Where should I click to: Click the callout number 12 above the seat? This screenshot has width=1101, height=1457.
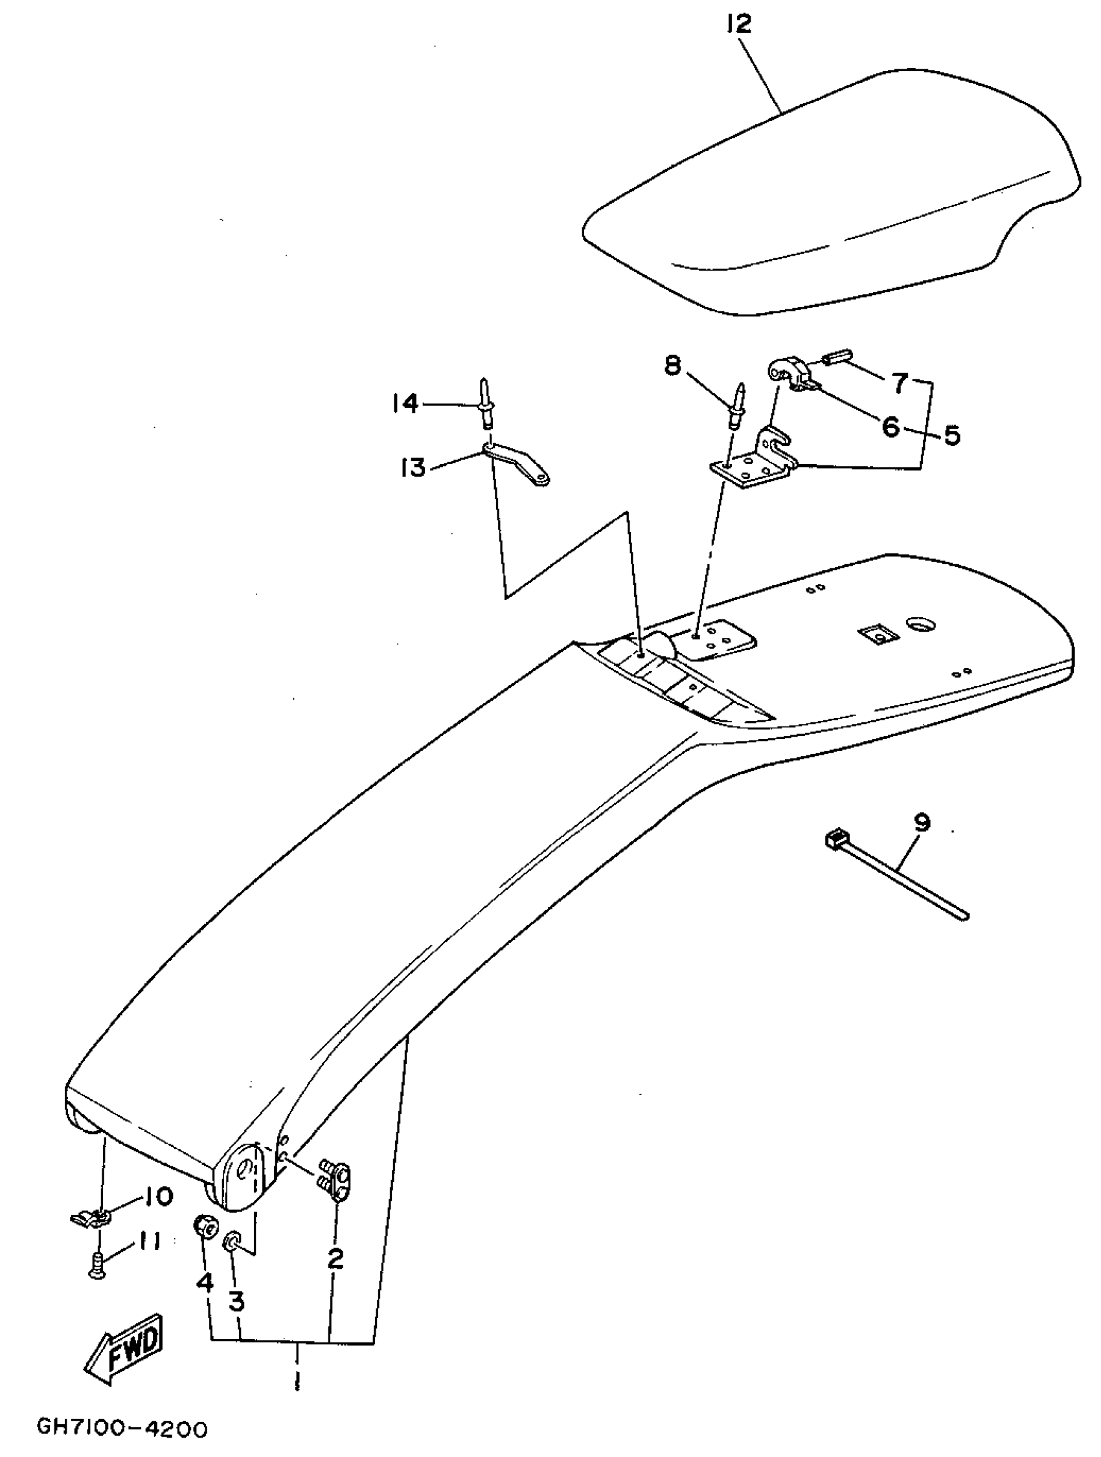pyautogui.click(x=738, y=25)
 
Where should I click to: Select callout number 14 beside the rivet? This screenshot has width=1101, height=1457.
pyautogui.click(x=405, y=403)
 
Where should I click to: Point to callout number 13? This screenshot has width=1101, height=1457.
pyautogui.click(x=413, y=469)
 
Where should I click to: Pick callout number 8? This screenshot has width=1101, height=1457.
pyautogui.click(x=672, y=364)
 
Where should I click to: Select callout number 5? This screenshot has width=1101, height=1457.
pyautogui.click(x=951, y=436)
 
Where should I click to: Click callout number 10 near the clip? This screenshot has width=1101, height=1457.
pyautogui.click(x=155, y=1196)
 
